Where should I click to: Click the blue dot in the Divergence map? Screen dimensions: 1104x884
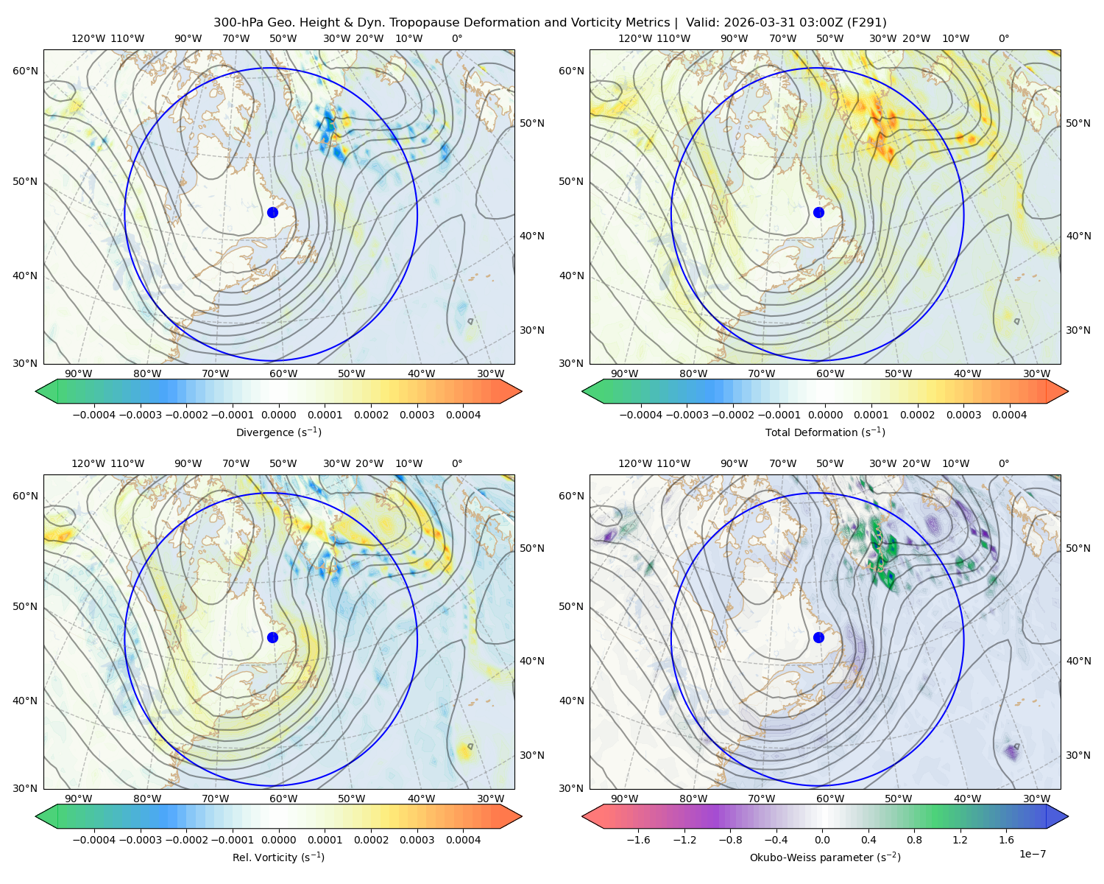(272, 212)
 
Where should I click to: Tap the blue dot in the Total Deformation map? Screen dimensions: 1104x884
(818, 212)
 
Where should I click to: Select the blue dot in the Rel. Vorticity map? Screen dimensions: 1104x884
(272, 637)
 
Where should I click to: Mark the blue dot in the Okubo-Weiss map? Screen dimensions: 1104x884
(818, 637)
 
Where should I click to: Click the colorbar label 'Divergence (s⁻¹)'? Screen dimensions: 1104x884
(278, 432)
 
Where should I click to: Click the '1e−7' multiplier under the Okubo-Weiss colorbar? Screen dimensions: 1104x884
(1032, 853)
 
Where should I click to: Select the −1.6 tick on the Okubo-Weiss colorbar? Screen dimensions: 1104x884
(638, 839)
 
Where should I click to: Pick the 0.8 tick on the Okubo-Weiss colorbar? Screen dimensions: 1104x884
(914, 839)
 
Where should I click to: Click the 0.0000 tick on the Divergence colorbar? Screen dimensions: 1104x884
(278, 415)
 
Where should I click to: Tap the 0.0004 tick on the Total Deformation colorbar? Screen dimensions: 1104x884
(1009, 415)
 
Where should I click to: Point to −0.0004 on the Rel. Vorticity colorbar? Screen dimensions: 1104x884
(94, 839)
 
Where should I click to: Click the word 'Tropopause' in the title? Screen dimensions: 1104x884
(419, 23)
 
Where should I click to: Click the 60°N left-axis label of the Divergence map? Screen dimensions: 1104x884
(25, 71)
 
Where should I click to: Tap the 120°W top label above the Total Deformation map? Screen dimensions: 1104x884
(634, 38)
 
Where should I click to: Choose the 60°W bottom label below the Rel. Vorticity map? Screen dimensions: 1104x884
(283, 799)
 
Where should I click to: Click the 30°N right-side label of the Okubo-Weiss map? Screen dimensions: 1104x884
(1078, 755)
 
